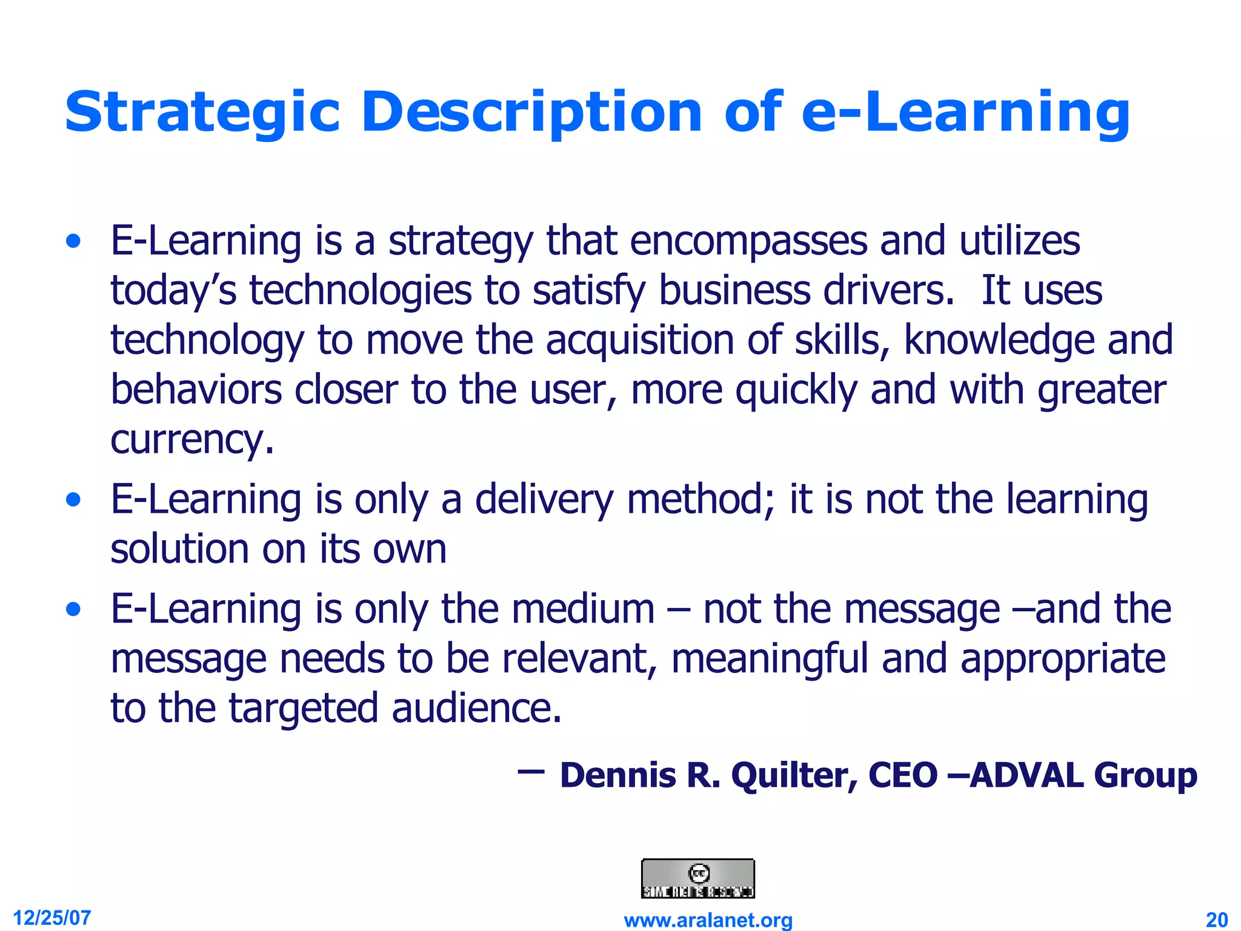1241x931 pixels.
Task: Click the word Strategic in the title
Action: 202,113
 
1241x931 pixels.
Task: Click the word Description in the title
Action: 531,113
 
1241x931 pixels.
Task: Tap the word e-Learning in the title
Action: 966,113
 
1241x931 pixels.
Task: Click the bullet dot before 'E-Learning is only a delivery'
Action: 74,501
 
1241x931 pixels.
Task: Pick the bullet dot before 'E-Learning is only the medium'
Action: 74,610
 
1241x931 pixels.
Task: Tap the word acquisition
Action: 640,341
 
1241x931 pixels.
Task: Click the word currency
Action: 191,440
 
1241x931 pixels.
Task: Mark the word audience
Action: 476,709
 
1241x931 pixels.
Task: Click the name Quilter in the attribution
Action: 794,776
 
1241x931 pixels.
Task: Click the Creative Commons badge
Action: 697,878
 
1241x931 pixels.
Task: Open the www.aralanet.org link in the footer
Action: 708,920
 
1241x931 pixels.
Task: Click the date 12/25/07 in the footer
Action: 52,918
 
